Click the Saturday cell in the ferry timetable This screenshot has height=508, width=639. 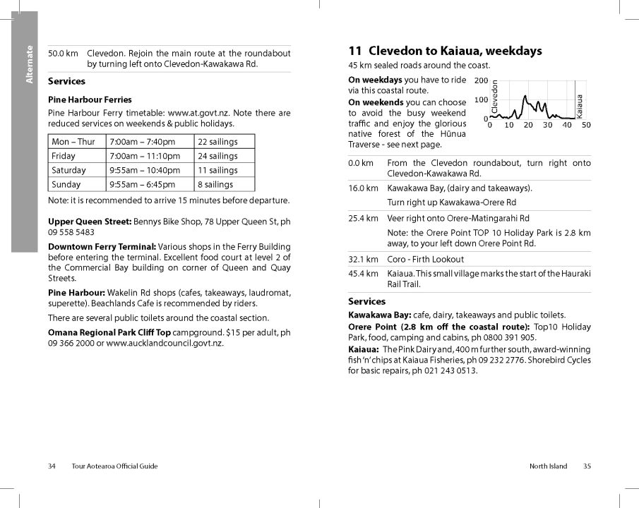[x=69, y=170]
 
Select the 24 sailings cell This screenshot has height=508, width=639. [x=217, y=156]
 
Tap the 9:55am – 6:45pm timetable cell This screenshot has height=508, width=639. [x=142, y=185]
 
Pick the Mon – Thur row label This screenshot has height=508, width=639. [x=73, y=142]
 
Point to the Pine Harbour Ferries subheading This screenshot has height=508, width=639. [x=90, y=99]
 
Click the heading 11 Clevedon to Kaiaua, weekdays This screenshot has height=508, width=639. [x=445, y=51]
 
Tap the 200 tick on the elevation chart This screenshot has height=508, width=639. [x=481, y=80]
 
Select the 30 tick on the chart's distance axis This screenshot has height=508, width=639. [x=548, y=125]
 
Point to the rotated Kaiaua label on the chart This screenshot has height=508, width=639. [x=580, y=106]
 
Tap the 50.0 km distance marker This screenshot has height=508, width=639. [x=63, y=54]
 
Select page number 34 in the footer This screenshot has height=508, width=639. [x=52, y=466]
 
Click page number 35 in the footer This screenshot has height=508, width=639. [x=587, y=466]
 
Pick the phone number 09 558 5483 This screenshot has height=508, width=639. [x=71, y=232]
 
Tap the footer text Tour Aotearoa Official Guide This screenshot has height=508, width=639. [x=114, y=466]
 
